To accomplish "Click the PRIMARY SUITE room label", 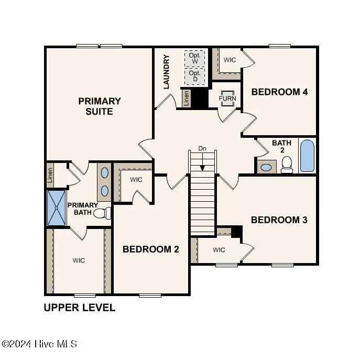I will coord(100,106).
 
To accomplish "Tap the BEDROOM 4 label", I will coord(279,92).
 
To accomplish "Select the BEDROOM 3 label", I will coord(279,220).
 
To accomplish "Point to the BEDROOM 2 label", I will coord(151,249).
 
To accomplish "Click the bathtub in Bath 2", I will coord(307,156).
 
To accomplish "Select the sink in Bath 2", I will coord(267,168).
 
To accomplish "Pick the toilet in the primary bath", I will coord(106,213).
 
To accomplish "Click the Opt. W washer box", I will coord(194,58).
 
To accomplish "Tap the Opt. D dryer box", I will coord(194,77).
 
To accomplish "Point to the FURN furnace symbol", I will coord(227,99).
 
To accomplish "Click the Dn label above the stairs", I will coord(202,149).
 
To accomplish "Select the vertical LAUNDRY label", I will coord(167,71).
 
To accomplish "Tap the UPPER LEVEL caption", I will coord(79,308).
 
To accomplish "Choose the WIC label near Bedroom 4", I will coord(230,60).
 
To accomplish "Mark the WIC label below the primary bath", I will coord(79,260).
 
